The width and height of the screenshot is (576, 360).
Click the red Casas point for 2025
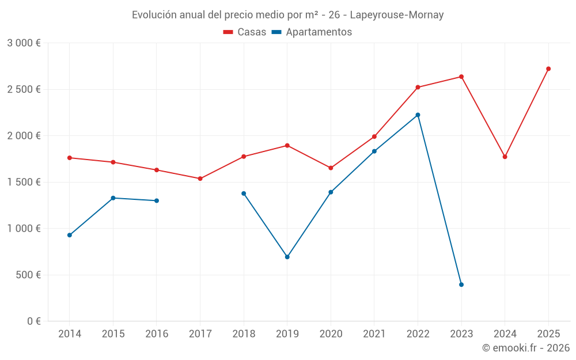pos(548,69)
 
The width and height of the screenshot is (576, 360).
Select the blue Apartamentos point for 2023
pos(461,285)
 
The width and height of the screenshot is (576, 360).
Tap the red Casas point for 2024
pos(505,157)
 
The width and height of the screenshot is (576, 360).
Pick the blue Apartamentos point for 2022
pos(418,115)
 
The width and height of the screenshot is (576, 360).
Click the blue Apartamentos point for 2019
pos(287,257)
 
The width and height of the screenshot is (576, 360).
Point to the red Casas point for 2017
pos(200,179)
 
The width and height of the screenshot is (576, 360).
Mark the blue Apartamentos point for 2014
pos(70,235)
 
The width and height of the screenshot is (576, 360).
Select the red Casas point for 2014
pos(70,158)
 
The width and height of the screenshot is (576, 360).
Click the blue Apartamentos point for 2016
pos(157,200)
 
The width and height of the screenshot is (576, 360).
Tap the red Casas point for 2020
pos(331,168)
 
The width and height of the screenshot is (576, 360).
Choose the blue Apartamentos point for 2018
pos(244,194)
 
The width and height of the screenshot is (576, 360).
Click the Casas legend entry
pos(245,32)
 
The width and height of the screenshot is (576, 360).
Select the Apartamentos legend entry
pos(312,32)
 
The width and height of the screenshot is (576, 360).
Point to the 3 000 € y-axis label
pos(24,43)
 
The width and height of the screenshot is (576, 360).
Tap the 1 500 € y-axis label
pos(24,182)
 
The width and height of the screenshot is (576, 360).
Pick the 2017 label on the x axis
pos(200,334)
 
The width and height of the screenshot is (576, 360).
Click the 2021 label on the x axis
pos(374,334)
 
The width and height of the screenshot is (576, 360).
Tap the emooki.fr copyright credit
pos(526,348)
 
